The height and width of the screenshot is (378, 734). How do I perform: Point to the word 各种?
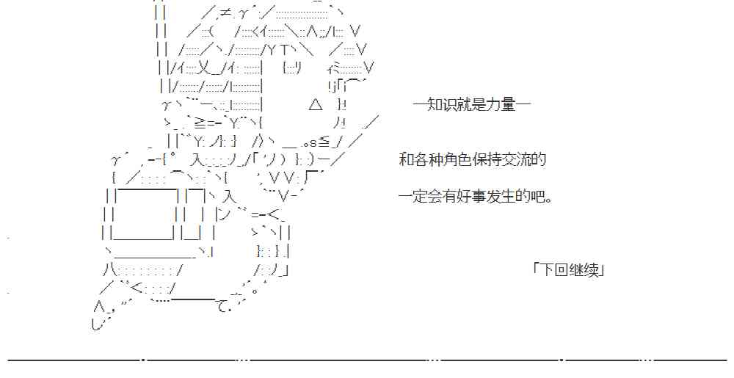[x=426, y=159]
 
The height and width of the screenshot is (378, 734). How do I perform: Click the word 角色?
[x=453, y=159]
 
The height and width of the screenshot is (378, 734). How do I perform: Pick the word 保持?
[x=480, y=159]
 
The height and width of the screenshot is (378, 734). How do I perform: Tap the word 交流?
[x=507, y=159]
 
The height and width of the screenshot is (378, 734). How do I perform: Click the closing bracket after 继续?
[x=600, y=269]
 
